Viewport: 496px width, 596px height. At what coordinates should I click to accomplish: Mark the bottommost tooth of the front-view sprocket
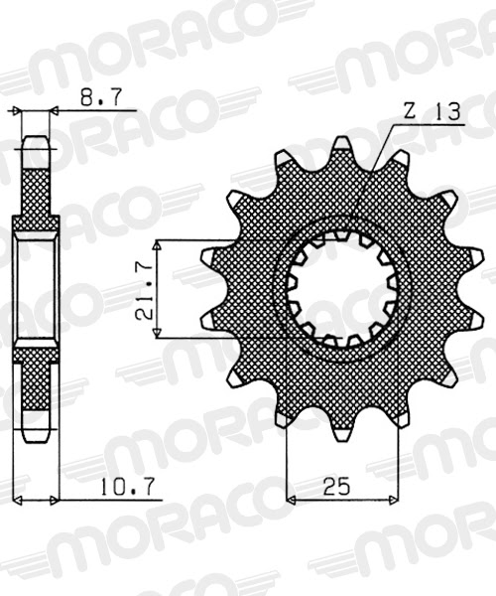tap(341, 431)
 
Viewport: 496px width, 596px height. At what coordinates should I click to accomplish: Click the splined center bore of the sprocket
tap(342, 289)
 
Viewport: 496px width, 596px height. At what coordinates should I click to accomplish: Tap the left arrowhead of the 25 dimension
tap(292, 498)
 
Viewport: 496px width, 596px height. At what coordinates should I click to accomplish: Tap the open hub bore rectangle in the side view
tap(36, 289)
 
